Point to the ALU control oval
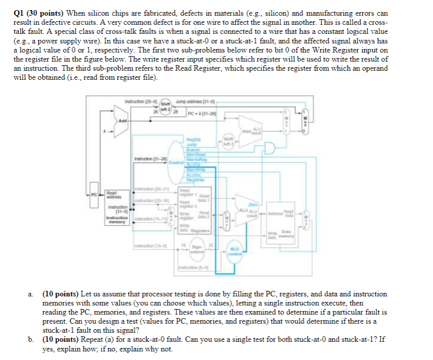(x=234, y=251)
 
